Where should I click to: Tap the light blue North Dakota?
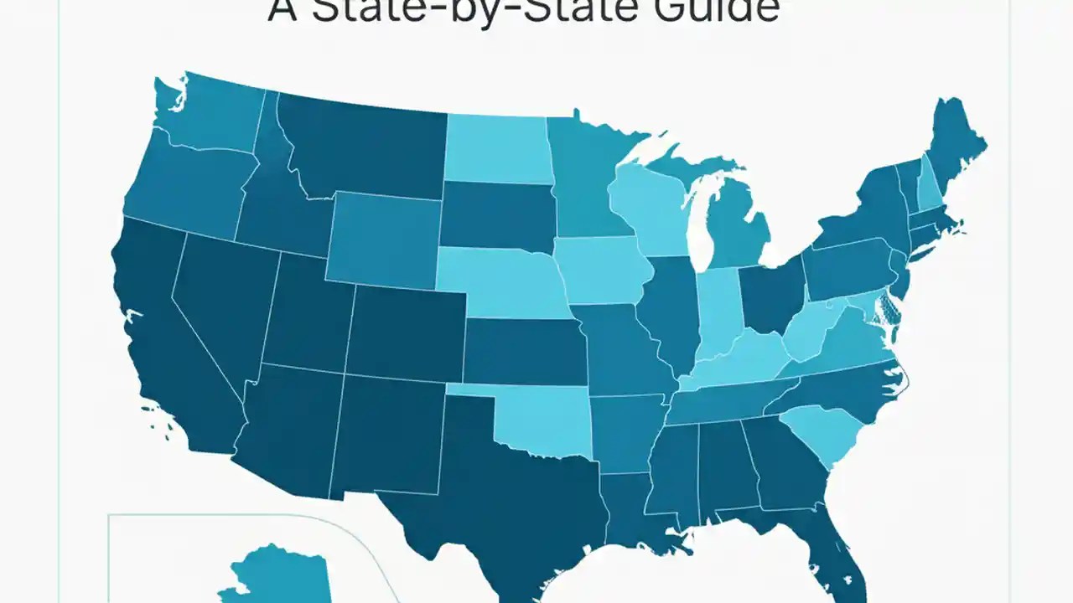(x=496, y=149)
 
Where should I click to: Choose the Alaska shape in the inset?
(x=277, y=578)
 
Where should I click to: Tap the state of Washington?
(x=214, y=117)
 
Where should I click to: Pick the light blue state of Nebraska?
(x=503, y=281)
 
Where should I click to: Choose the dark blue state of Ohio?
(x=771, y=297)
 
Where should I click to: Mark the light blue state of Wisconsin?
(x=650, y=209)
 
